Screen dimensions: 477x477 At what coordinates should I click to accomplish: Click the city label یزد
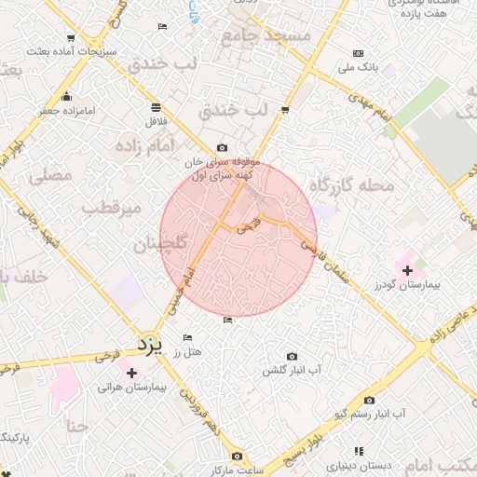tap(149, 346)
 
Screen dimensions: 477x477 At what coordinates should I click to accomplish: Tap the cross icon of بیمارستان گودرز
tap(407, 270)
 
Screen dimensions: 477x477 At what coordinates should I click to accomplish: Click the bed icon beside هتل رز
tap(187, 337)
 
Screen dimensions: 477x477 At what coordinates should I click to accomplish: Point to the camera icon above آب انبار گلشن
tap(293, 356)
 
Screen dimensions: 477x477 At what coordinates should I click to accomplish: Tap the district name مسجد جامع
tap(265, 34)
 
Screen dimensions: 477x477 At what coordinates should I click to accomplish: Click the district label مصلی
tap(51, 174)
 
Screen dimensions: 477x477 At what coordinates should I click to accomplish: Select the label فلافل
tap(155, 121)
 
